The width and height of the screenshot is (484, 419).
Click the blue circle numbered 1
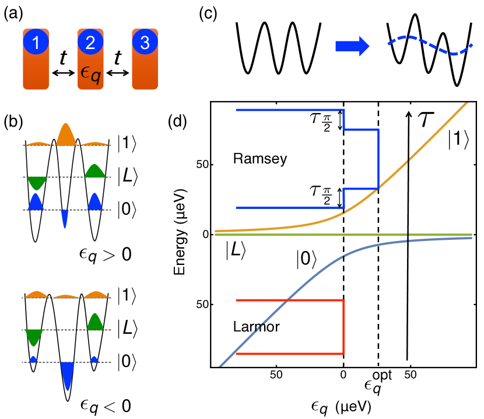click(x=36, y=43)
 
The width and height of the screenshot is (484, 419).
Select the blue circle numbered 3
click(x=145, y=43)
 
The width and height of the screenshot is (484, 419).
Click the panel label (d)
click(x=178, y=121)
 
